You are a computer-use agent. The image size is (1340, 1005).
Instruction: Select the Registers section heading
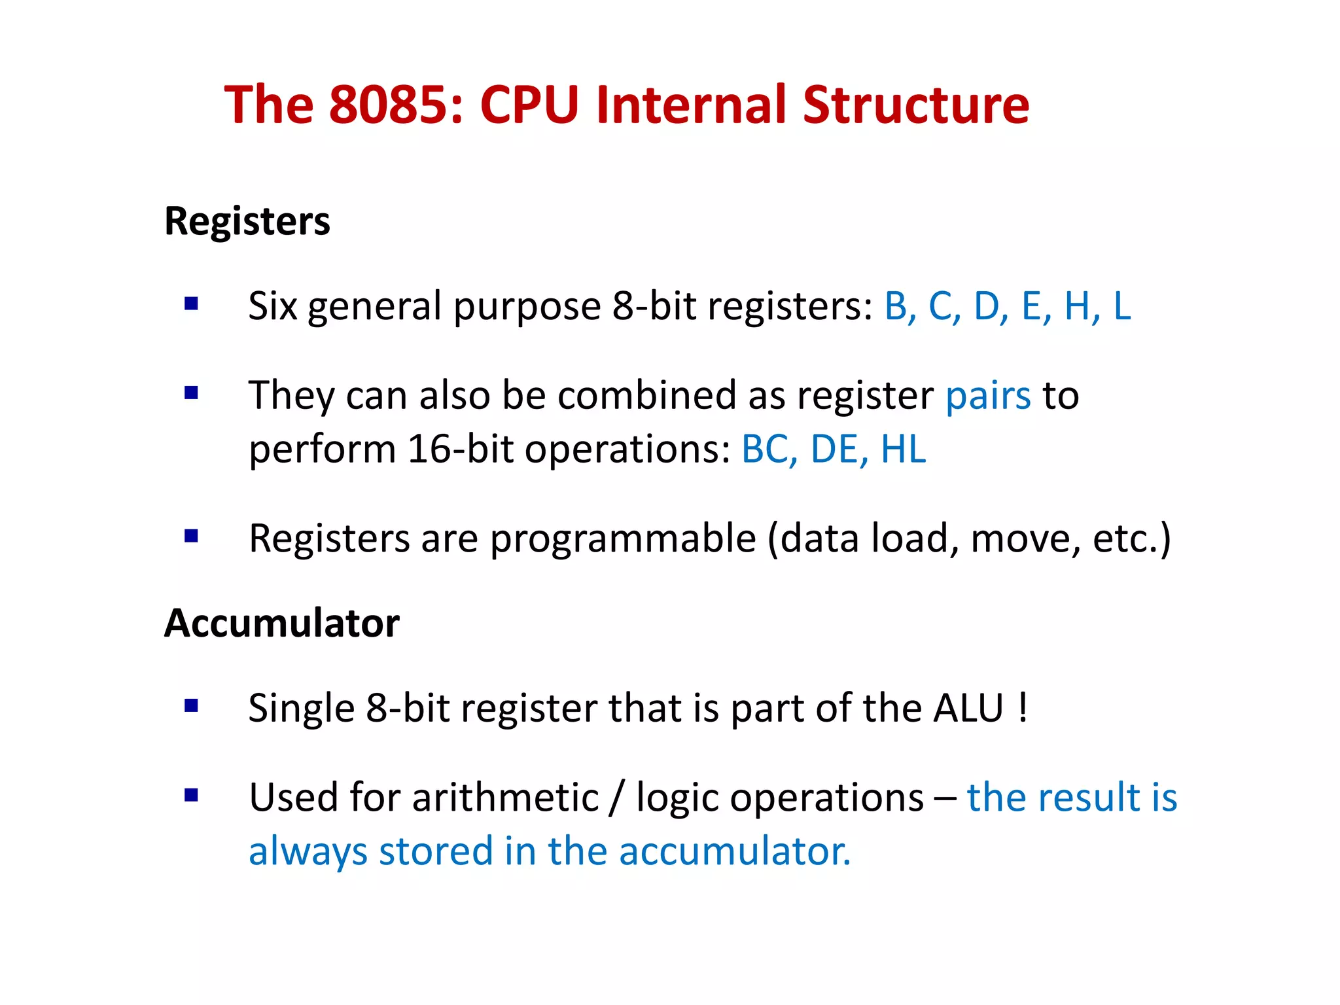[x=247, y=221]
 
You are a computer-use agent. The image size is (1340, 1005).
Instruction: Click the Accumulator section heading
[x=282, y=623]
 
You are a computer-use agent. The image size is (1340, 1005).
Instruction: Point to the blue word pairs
[x=988, y=397]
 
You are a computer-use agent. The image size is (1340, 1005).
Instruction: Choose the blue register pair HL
[x=904, y=450]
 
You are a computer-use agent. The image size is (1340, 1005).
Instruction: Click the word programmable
[x=623, y=539]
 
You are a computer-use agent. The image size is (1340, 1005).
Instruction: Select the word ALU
[x=968, y=708]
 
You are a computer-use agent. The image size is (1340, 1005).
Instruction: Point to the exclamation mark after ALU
[x=1023, y=708]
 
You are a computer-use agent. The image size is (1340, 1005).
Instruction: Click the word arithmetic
[x=505, y=798]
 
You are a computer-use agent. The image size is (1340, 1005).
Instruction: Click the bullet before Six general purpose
[x=191, y=304]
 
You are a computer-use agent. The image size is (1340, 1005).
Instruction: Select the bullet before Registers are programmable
[x=191, y=537]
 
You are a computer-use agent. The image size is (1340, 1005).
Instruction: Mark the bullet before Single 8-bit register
[x=191, y=705]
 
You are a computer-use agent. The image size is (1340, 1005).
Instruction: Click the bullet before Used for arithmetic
[x=191, y=795]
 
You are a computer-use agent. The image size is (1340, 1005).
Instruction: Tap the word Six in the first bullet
[x=272, y=306]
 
